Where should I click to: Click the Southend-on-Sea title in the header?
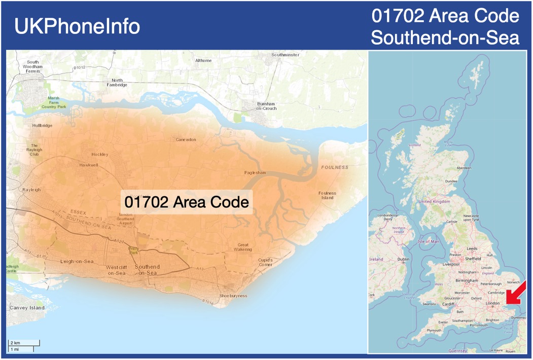point(445,37)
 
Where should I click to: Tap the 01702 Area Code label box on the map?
point(187,202)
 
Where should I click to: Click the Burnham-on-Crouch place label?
point(266,106)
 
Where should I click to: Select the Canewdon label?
point(186,139)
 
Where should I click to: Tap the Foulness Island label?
point(327,195)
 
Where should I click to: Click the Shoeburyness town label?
point(233,296)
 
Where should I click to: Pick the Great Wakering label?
point(243,247)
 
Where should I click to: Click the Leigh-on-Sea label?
point(77,262)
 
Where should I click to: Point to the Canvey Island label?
point(27,308)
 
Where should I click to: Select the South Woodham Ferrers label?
point(33,66)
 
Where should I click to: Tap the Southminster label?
point(285,54)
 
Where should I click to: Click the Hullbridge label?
point(42,125)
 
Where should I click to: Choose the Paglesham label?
point(255,172)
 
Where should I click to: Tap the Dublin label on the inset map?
point(403,259)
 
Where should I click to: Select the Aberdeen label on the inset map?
point(464,168)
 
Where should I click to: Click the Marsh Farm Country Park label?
point(54,102)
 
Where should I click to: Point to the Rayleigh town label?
point(31,190)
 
